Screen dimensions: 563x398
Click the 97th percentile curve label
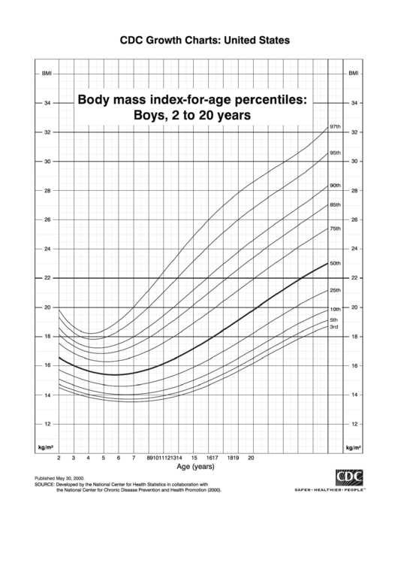335,127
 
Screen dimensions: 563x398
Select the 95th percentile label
335,153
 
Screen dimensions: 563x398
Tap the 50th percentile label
335,263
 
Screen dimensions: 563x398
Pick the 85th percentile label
335,204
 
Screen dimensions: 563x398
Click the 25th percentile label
335,290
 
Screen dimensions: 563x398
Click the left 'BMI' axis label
47,74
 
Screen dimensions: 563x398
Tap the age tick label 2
59,457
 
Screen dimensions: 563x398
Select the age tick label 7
133,457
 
